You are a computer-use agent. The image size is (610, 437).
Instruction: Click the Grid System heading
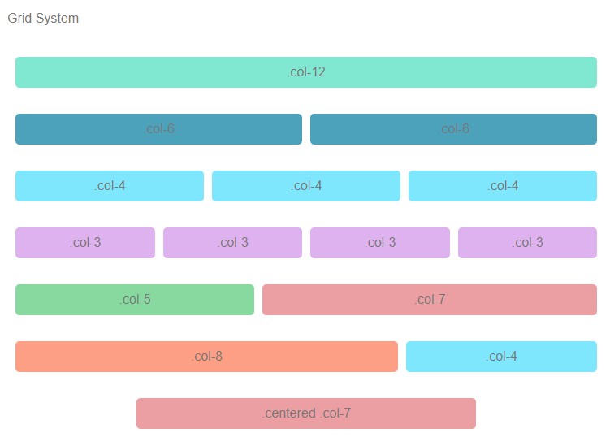[43, 18]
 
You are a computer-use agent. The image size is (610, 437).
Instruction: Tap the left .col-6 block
[158, 129]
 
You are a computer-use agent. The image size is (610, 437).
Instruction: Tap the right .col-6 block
[453, 129]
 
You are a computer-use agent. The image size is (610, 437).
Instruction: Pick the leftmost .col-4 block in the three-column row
[110, 186]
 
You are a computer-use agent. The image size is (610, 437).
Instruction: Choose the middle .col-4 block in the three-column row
[306, 186]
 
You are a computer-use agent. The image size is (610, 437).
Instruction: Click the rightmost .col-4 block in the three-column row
[503, 186]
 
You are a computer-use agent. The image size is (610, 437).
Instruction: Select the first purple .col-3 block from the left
[85, 243]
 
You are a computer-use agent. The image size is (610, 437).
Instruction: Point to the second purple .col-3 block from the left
[232, 243]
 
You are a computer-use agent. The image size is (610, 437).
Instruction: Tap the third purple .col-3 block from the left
[380, 243]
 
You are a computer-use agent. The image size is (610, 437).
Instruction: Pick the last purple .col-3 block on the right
[527, 243]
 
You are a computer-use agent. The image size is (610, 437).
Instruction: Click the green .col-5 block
[135, 300]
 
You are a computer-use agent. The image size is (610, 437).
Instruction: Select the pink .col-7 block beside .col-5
[430, 300]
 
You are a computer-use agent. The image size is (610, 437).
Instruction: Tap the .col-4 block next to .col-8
[501, 357]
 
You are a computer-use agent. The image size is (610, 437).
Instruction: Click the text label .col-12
[306, 72]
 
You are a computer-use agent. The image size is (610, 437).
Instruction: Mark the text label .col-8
[207, 357]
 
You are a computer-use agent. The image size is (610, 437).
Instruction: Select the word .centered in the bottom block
[288, 413]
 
